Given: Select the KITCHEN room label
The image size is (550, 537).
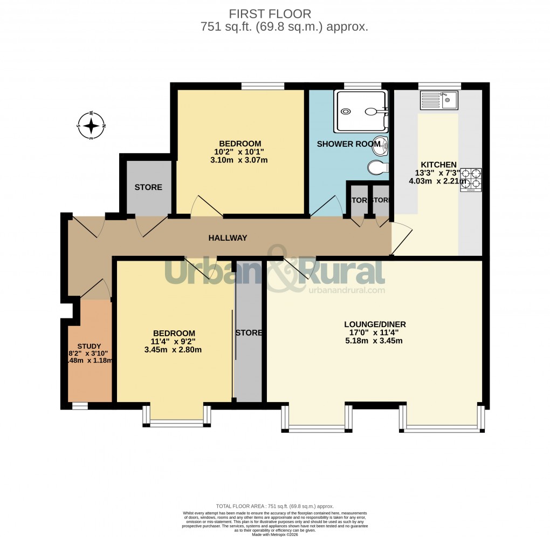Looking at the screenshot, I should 439,165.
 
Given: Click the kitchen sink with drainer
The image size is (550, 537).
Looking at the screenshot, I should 438,100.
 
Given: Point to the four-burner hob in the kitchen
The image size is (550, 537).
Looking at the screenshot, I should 471,180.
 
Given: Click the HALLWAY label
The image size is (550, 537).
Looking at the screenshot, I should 228,237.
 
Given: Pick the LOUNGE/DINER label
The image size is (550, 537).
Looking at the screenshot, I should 375,324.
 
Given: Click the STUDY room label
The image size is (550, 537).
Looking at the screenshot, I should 89,346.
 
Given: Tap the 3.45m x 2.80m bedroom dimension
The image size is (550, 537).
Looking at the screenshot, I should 173,349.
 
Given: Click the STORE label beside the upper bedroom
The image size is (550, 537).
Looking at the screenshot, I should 148,187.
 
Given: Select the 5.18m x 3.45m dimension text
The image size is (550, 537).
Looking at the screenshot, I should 375,341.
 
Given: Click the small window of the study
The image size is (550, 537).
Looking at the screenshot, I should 80,405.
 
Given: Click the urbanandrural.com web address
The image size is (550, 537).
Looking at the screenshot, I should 347,290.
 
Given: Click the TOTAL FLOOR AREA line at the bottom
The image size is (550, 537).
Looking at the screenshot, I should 275,506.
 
